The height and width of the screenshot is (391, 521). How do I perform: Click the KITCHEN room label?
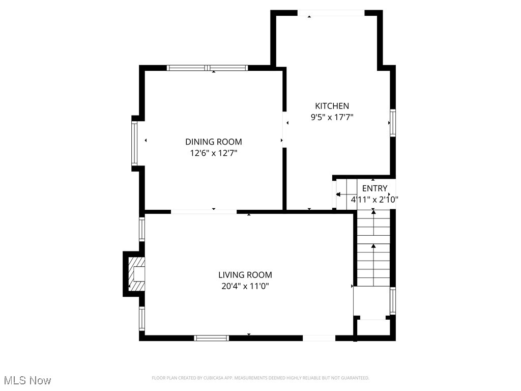coord(332,106)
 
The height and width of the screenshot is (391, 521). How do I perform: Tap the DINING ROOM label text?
coord(213,142)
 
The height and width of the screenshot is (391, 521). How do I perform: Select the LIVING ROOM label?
coord(245,275)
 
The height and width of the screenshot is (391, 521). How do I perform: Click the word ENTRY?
coord(374,188)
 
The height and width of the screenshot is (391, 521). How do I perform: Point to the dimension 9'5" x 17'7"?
coord(332,117)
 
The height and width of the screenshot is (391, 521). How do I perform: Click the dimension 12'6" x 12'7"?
coord(213,153)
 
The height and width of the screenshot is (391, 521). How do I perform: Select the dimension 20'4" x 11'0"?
coord(245,286)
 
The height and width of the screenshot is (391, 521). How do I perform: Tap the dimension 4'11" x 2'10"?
coord(374,200)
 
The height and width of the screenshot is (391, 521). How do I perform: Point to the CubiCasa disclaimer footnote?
coord(260,378)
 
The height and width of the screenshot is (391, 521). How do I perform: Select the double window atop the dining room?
coord(208,68)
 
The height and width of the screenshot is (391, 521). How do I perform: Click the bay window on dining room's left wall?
coord(134,143)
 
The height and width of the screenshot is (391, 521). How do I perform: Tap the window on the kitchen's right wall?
coord(392,123)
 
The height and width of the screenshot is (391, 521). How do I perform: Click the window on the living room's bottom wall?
coord(212,338)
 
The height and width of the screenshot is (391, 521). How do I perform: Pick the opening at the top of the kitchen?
coord(330,13)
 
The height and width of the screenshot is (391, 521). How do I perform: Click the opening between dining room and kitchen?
coord(284,130)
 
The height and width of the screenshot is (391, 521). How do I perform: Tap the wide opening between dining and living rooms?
coord(204,211)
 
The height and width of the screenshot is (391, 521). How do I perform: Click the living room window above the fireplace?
coord(142,229)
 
